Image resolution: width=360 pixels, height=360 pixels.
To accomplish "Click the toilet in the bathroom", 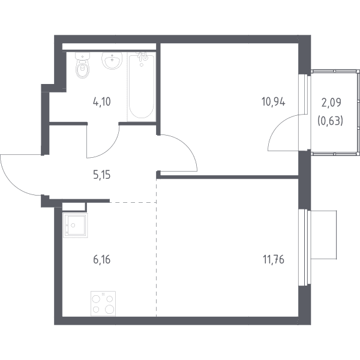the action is [x=82, y=65].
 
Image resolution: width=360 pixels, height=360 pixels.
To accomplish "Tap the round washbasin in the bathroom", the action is [x=112, y=60].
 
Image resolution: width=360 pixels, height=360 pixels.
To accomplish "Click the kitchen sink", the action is [x=76, y=225].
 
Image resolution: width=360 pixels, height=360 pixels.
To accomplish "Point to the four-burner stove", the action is [x=103, y=304].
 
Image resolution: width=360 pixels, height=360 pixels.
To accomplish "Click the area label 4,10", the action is [x=102, y=102].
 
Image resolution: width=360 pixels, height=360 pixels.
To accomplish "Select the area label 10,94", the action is [x=274, y=102].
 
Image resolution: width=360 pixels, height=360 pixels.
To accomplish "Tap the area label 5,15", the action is [x=102, y=175].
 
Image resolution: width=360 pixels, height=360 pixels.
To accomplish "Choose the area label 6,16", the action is [x=102, y=260].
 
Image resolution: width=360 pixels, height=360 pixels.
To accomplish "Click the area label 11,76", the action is [x=274, y=260].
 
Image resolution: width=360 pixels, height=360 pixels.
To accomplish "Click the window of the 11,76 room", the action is [x=304, y=247].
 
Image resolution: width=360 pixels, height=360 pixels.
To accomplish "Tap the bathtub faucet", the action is [x=143, y=56].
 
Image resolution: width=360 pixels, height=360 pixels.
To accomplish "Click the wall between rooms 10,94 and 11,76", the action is [x=229, y=177].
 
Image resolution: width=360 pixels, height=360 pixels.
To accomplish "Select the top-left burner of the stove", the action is [x=95, y=299].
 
